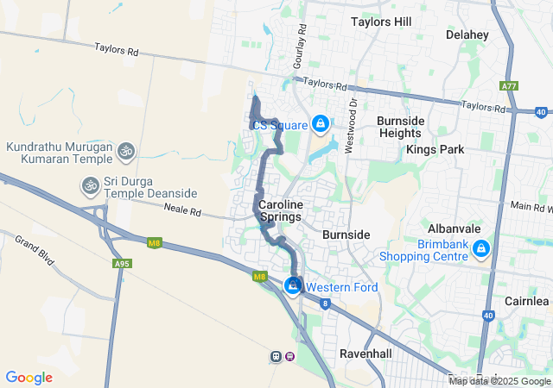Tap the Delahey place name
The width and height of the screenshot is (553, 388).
tap(467, 34)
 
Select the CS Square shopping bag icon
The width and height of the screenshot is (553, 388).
tap(321, 125)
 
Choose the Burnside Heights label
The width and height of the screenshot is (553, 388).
tap(400, 127)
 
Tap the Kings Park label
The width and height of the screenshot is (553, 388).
tap(435, 149)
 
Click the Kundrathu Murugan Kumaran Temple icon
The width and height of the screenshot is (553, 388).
tap(126, 153)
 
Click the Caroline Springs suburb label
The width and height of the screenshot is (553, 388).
tap(281, 210)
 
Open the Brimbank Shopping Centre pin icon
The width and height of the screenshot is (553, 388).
tap(480, 250)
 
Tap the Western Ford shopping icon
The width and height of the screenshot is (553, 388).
tap(294, 285)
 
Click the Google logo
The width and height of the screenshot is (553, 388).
tap(29, 377)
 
